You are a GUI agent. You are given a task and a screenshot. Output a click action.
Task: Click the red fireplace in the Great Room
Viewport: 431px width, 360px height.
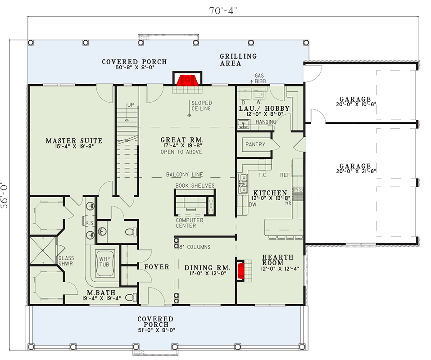(x=187, y=80)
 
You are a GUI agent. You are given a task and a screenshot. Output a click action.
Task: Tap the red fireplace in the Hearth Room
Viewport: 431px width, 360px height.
(x=241, y=271)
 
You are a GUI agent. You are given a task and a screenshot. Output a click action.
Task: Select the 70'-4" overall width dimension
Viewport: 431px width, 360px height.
(x=223, y=11)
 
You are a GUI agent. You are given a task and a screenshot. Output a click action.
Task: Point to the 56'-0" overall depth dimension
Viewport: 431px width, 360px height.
(x=5, y=194)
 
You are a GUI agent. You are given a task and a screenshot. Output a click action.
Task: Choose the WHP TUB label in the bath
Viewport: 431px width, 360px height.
(x=105, y=262)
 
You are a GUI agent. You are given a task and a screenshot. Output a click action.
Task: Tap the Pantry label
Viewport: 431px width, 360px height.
(x=255, y=144)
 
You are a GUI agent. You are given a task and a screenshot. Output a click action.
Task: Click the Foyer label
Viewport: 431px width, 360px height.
(x=157, y=267)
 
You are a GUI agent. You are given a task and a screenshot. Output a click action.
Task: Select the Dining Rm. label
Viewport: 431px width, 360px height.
(x=207, y=268)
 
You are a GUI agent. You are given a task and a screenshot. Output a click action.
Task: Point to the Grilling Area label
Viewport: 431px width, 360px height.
(x=238, y=59)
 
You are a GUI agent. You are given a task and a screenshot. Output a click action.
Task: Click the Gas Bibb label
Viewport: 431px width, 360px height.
(x=259, y=78)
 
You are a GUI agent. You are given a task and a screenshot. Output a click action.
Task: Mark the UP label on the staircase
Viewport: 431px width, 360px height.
(x=131, y=104)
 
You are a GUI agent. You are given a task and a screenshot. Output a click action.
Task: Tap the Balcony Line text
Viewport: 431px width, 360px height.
(x=185, y=175)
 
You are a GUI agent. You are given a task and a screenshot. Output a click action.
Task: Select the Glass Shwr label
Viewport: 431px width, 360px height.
(x=66, y=261)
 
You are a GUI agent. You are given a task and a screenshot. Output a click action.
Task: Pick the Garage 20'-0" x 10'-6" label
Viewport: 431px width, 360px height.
(x=356, y=101)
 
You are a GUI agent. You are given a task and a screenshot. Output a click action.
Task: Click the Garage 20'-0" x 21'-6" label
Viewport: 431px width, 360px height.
(x=356, y=168)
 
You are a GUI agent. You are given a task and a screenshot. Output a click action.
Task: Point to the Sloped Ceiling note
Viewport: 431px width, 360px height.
(x=201, y=106)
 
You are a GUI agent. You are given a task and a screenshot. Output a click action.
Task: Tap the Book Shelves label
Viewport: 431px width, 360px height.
(x=195, y=186)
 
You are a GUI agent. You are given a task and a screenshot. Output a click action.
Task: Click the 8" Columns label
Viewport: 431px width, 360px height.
(x=195, y=247)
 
